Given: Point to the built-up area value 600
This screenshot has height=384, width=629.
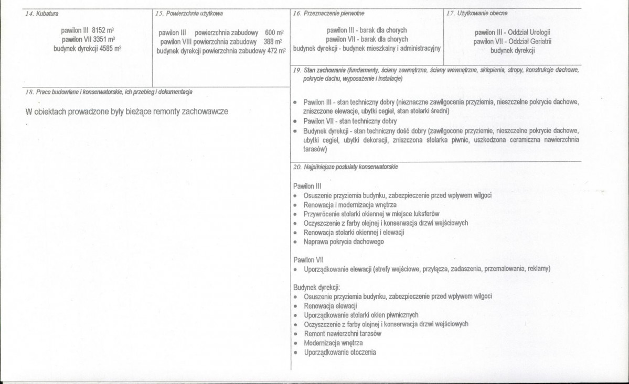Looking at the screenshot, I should (270, 32).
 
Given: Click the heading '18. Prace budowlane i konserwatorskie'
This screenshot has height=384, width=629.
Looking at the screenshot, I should (109, 92).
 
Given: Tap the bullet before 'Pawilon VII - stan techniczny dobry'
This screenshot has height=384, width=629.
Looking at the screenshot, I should (295, 120).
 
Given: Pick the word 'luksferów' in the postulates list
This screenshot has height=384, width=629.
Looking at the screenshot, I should (427, 214).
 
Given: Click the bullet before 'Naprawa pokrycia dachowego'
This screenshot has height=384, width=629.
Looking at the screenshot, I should (295, 242).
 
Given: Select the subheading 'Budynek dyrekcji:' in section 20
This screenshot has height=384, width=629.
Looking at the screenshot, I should (316, 287).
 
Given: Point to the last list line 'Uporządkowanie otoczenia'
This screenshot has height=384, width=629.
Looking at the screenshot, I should (339, 352).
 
